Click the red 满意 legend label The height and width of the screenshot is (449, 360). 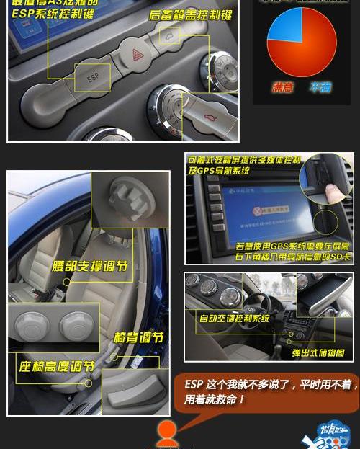coord(282,88)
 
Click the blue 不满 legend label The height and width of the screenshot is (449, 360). coord(320,88)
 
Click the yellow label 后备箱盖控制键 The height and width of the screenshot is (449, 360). coord(190,14)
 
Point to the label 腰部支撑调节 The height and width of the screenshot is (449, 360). coord(90,266)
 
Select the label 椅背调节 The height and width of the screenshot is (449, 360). coord(138,337)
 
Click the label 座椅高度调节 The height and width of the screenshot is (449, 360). coord(57,366)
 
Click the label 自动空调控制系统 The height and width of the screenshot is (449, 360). coord(234,318)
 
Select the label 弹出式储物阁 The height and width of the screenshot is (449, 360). coord(318,353)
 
